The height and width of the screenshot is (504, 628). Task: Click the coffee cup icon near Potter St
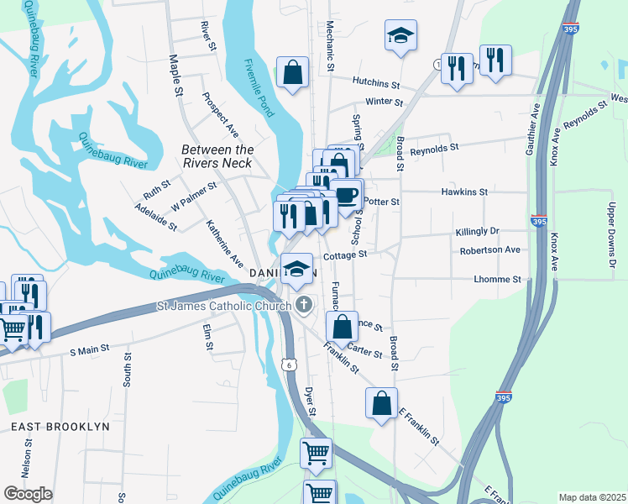coord(346,195)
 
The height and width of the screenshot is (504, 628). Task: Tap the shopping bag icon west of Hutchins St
coord(293,72)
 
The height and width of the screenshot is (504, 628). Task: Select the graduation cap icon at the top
coord(400,35)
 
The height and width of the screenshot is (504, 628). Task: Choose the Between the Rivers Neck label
coord(217,156)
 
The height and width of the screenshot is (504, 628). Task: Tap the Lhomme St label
coord(497,279)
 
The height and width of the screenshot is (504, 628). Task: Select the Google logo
coord(28,494)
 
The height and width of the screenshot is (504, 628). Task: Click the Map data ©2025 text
coord(592,497)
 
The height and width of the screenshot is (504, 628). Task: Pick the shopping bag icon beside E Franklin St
coord(381,402)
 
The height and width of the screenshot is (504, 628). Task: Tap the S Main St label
coord(89,348)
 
